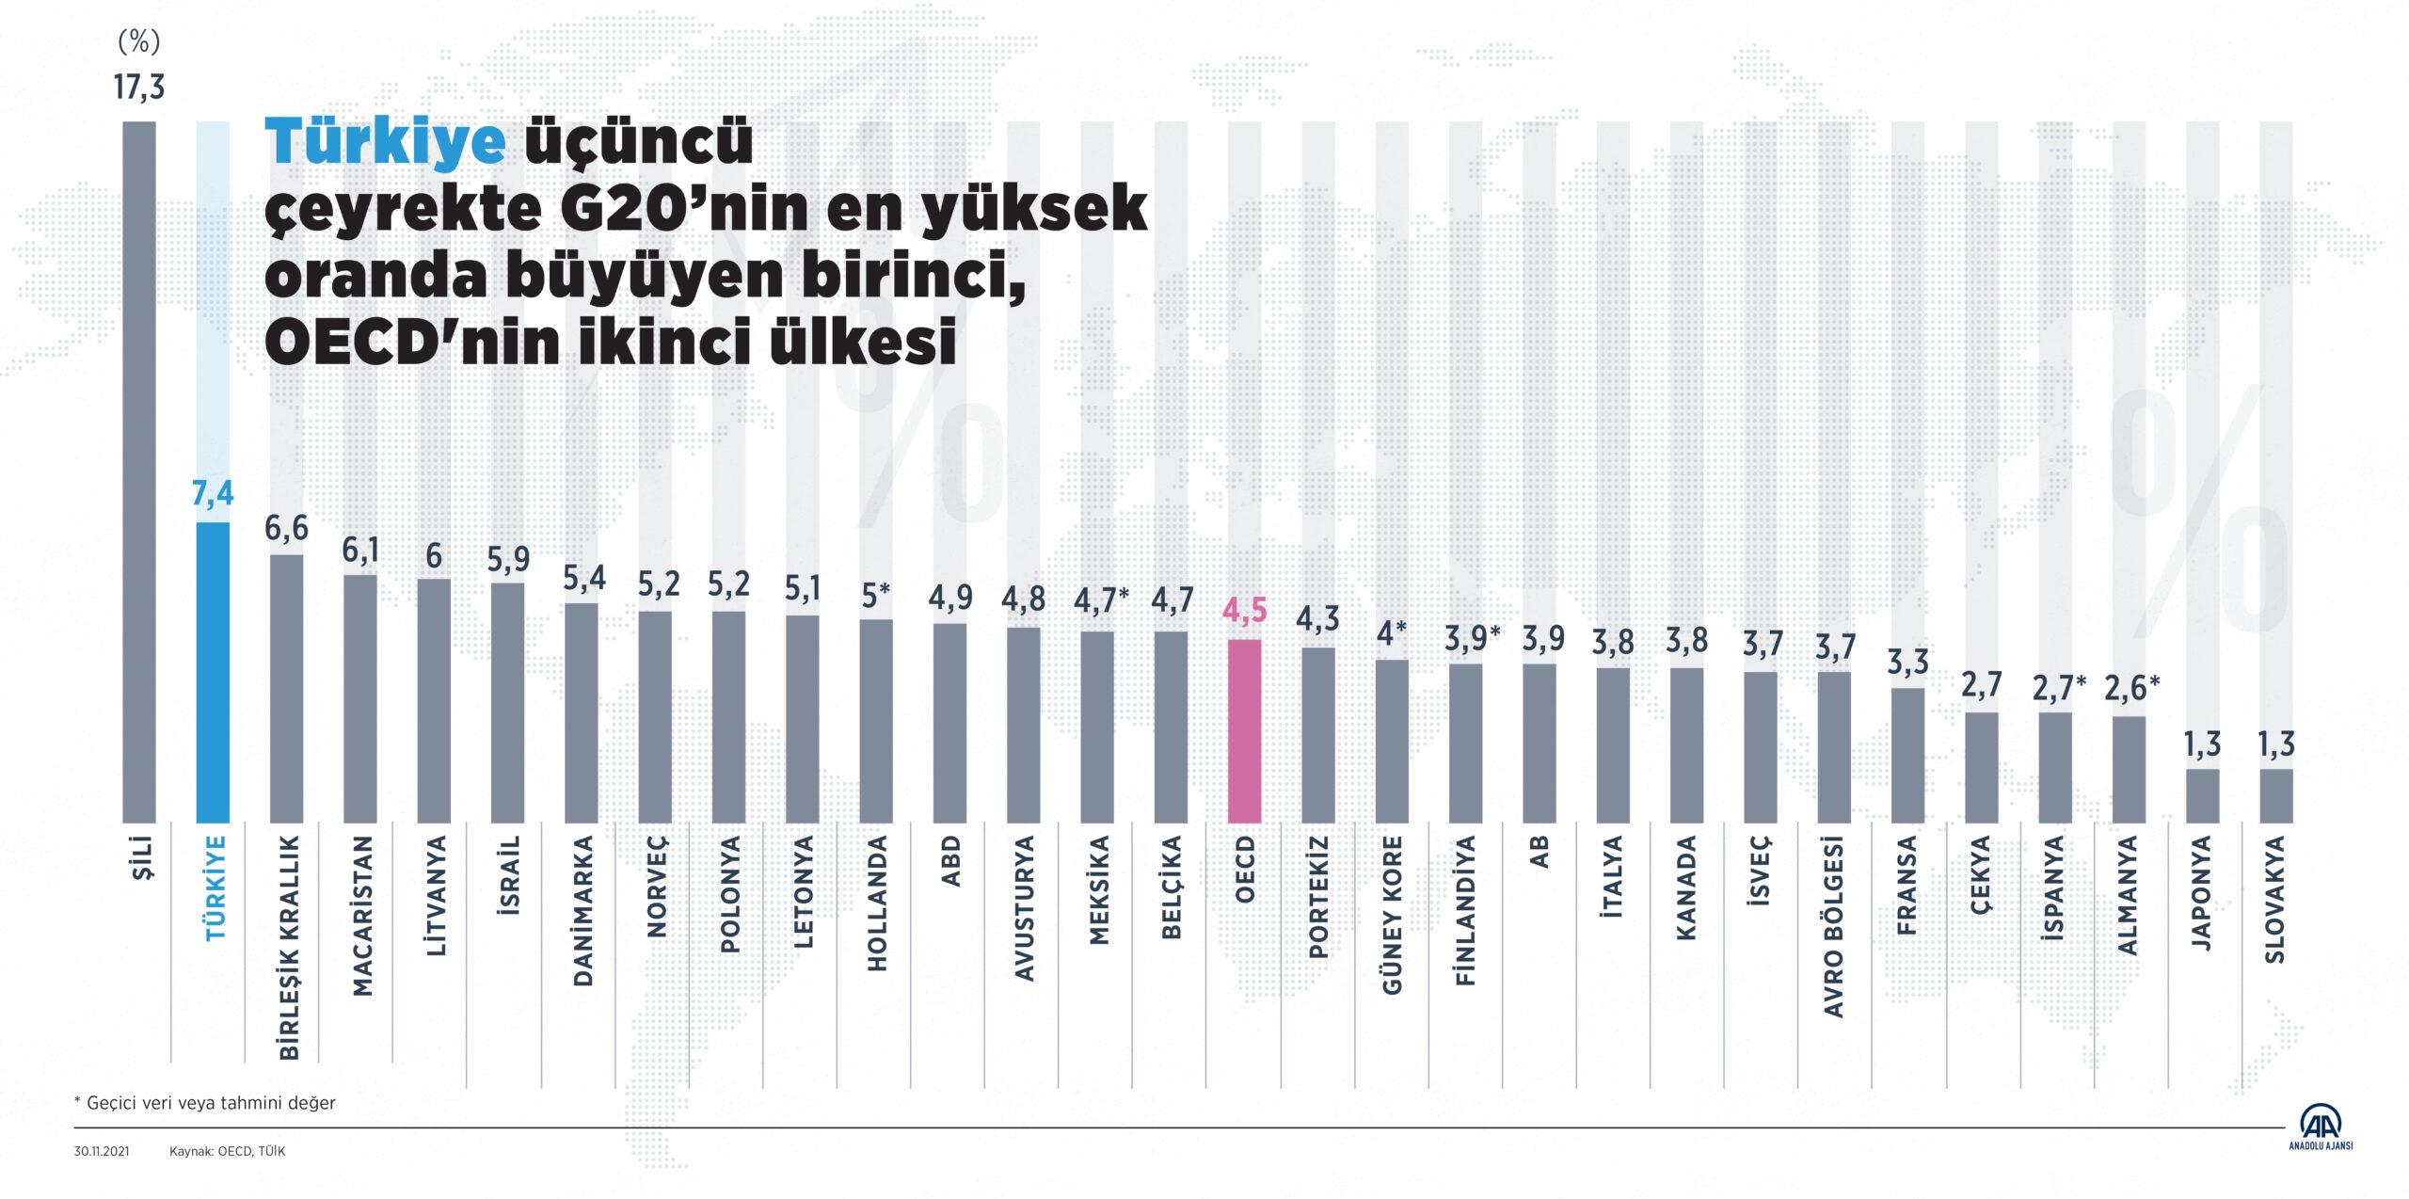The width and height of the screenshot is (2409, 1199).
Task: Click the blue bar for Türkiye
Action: (213, 672)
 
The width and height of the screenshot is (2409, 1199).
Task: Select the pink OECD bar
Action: (1244, 730)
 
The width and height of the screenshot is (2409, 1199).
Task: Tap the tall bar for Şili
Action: (139, 471)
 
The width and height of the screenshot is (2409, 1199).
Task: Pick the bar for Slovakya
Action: (2275, 795)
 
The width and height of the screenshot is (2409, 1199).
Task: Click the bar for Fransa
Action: (1907, 755)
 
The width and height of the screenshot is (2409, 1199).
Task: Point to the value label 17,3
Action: (139, 88)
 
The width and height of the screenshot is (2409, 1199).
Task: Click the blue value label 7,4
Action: (213, 494)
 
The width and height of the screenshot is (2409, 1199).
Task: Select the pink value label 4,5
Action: (1244, 612)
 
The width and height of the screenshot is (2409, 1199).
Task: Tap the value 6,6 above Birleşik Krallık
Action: (286, 528)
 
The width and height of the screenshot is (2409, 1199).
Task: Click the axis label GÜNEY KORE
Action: (1393, 914)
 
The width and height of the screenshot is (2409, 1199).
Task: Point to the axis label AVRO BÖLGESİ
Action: (1835, 927)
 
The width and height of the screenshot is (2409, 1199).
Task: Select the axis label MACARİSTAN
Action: (360, 904)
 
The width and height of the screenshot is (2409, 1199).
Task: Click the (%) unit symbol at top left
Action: (139, 41)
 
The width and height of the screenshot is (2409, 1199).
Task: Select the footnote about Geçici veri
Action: (204, 1102)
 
